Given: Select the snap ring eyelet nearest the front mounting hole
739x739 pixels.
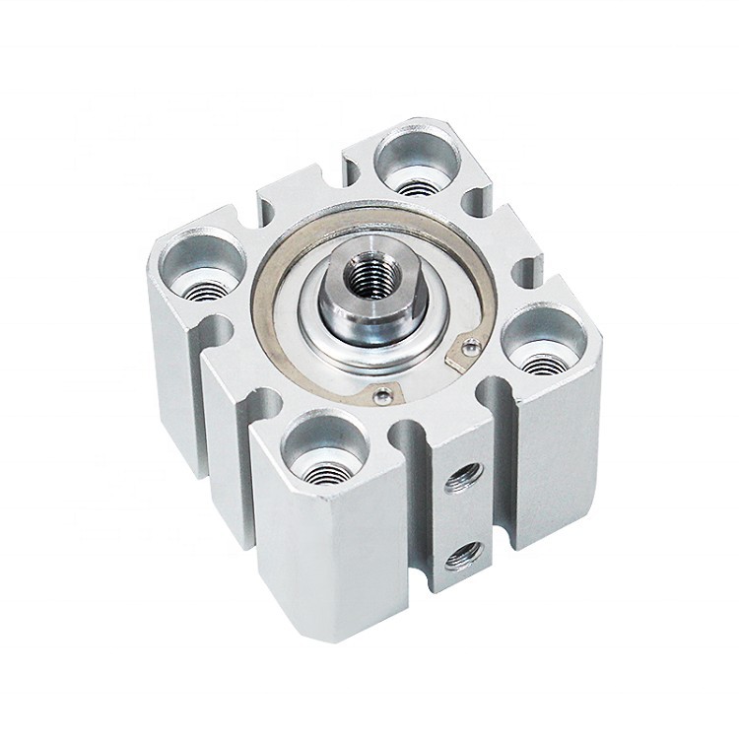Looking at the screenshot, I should pos(382,396).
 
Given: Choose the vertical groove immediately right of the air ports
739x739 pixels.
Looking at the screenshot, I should pos(501,473).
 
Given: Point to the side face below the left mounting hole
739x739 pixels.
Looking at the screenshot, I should pos(177,374).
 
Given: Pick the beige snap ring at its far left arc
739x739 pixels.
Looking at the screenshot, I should pos(259,296).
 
